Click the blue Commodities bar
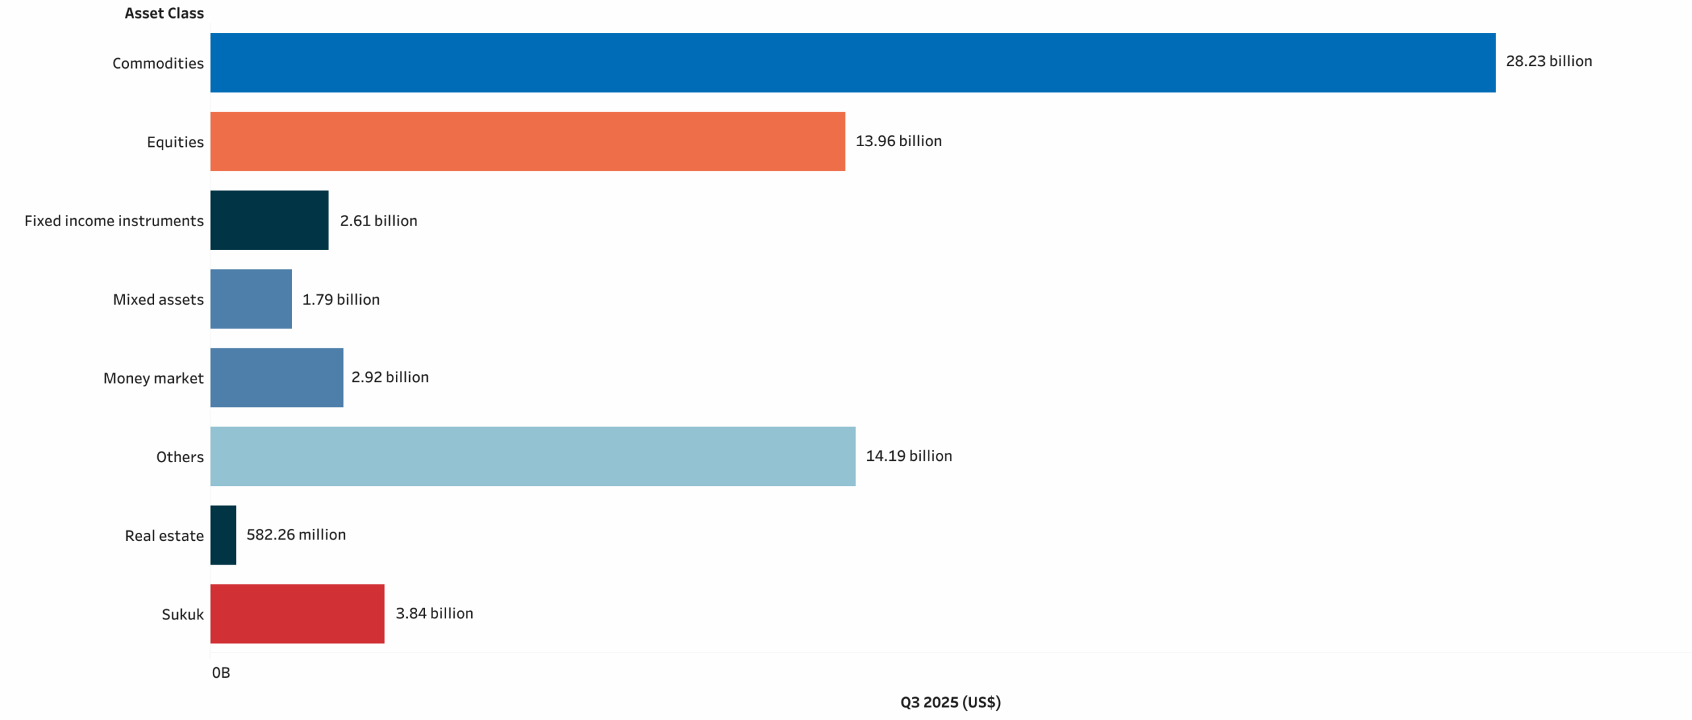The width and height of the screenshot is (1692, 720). [853, 63]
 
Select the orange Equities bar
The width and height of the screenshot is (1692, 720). [527, 141]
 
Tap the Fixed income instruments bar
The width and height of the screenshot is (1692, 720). [269, 220]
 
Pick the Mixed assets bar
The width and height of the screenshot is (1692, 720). [251, 299]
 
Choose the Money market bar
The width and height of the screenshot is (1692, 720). [276, 378]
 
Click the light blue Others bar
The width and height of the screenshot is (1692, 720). [533, 456]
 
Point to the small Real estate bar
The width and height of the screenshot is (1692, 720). [223, 535]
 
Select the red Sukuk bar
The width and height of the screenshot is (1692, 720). [297, 614]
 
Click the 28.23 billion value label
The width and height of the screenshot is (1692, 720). [1549, 61]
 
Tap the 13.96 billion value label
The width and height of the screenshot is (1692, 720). [898, 141]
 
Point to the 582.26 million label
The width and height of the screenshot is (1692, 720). [296, 534]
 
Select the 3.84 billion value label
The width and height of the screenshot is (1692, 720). [434, 613]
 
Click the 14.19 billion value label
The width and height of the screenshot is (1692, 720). [909, 456]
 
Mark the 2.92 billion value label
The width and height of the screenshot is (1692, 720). [390, 377]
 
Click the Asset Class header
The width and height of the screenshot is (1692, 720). [164, 13]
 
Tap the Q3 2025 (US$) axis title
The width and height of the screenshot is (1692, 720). [950, 702]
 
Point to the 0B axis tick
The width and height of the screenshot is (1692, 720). [221, 672]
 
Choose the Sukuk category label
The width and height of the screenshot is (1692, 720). [182, 614]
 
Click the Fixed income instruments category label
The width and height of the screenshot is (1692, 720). [114, 221]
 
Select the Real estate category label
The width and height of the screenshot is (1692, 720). [164, 536]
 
